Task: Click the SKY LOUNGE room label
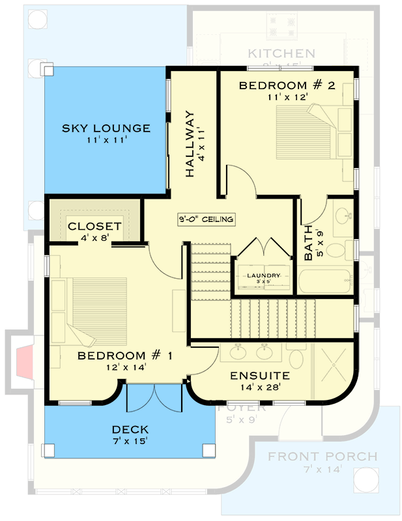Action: (106, 128)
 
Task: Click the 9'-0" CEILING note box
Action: (206, 219)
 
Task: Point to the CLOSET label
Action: (94, 227)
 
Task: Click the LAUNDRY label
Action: (263, 275)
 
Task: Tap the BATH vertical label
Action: (309, 244)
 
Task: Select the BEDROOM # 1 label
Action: (125, 356)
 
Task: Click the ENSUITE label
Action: (260, 376)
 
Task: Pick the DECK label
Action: (130, 430)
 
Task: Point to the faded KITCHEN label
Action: (281, 53)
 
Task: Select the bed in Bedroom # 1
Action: (88, 306)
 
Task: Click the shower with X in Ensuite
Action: (333, 368)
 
